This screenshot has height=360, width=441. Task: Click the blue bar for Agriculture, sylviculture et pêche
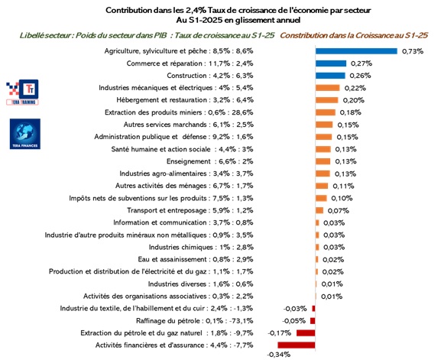pos(356,51)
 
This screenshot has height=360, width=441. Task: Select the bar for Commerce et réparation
pos(331,63)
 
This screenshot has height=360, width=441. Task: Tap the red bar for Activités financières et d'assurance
pos(297,345)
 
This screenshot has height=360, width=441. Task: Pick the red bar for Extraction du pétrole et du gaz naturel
pos(306,333)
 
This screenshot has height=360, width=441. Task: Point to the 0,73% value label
pos(413,51)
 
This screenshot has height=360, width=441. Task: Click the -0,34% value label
pos(278,355)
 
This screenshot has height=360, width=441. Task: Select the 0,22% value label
pos(355,88)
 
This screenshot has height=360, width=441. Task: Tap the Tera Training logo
pos(22,92)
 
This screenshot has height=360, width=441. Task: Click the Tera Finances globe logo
pos(25,134)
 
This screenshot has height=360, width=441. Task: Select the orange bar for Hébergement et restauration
pos(326,100)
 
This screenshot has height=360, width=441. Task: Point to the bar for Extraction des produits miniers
pos(326,112)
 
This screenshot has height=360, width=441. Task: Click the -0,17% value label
pos(279,333)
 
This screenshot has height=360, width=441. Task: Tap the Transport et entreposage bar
pos(319,210)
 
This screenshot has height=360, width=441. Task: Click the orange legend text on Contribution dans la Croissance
pos(354,35)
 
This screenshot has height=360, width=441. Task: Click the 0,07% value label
pos(339,210)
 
